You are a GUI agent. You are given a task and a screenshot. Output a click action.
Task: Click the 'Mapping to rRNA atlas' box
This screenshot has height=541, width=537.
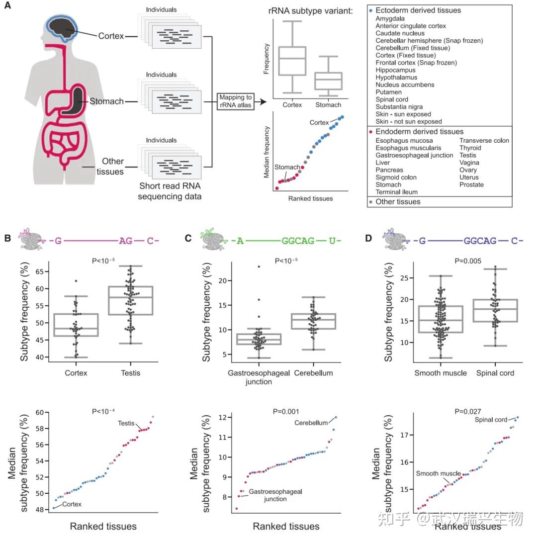click(235, 101)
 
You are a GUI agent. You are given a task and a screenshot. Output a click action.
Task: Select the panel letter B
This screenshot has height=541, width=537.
click(7, 238)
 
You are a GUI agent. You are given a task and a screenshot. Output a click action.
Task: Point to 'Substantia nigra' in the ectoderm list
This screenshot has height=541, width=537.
click(399, 107)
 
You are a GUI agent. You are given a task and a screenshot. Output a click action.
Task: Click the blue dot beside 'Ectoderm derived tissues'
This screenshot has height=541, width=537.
click(372, 10)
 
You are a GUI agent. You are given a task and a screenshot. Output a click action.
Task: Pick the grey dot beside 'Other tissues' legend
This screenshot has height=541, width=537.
click(371, 202)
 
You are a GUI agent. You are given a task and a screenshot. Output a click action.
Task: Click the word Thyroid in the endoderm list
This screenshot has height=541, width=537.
click(470, 148)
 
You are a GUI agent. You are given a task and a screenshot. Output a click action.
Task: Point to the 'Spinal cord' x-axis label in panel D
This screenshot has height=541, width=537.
click(495, 373)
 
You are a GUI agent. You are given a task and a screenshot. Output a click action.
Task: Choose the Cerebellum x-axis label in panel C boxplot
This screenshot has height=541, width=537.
click(313, 373)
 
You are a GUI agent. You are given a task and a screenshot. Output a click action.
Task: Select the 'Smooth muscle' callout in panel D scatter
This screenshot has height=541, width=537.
click(438, 473)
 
